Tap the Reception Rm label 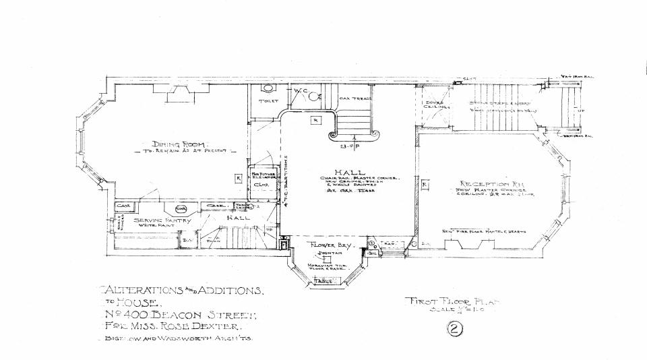point(482,184)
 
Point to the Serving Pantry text point(162,220)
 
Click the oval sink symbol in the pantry point(181,210)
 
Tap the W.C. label point(300,90)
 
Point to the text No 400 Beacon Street point(178,314)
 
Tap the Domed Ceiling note point(435,104)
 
